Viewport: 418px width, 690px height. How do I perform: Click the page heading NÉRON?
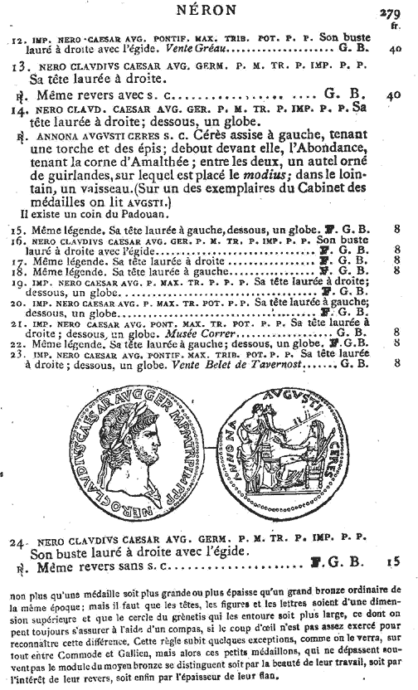tap(207, 11)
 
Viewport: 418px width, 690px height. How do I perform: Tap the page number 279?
tap(391, 12)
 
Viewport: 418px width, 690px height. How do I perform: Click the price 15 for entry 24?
tap(392, 561)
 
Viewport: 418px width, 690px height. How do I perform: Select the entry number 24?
tap(20, 543)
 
